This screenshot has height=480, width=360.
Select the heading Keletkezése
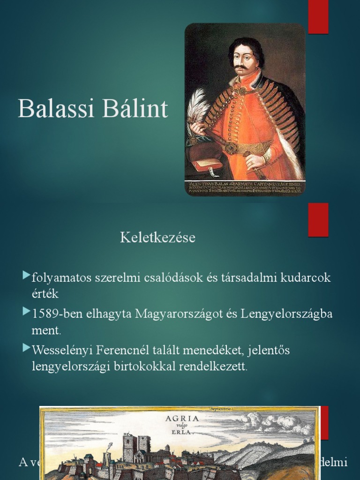click(x=157, y=238)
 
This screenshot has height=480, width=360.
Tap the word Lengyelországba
click(x=287, y=314)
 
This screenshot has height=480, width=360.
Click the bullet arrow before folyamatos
click(x=26, y=276)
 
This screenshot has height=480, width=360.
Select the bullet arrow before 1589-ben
click(x=26, y=312)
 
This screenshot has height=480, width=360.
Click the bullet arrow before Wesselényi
click(x=26, y=348)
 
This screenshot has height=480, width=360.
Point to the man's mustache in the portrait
click(x=242, y=68)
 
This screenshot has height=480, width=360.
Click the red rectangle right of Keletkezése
click(x=318, y=220)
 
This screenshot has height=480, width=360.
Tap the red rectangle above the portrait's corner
click(x=318, y=17)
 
